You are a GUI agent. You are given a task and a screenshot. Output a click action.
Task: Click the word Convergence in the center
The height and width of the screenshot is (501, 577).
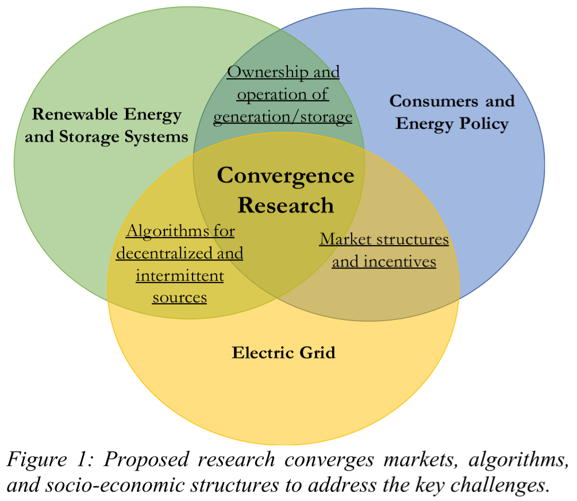coord(285,175)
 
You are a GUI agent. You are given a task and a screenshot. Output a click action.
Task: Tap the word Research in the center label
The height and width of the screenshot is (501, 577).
coord(285,205)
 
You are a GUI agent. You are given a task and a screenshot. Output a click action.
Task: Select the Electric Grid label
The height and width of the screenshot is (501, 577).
coord(283,352)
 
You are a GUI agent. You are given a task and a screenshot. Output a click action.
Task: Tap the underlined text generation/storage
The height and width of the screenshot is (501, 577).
coord(283,117)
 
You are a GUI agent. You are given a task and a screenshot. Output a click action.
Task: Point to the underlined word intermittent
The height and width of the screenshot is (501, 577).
coord(180,276)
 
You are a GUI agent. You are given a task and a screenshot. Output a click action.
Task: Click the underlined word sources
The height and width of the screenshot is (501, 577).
coord(179,297)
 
